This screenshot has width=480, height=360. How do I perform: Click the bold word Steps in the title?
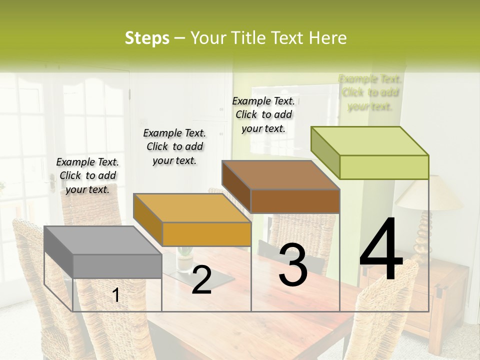(147, 38)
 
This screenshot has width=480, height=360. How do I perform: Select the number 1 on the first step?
(116, 295)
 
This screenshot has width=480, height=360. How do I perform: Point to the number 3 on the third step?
(293, 264)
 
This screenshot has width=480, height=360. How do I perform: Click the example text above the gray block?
(87, 175)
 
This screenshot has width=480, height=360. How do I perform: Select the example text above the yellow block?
(174, 146)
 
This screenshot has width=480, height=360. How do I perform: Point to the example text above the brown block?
(263, 114)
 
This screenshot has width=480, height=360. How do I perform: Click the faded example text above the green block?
(370, 92)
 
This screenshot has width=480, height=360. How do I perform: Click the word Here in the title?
(327, 38)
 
